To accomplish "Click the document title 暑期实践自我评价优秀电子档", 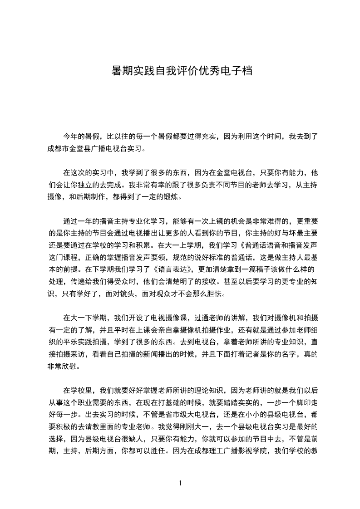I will click(x=181, y=71).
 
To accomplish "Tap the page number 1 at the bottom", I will click(x=180, y=483).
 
